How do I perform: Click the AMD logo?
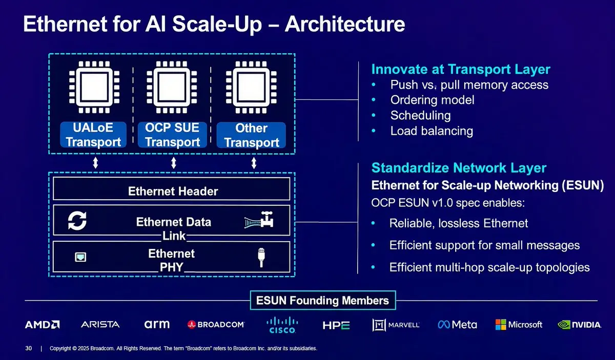(42, 325)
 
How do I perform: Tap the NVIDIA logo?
(579, 325)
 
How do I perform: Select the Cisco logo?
(282, 325)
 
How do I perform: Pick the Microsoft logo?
(519, 325)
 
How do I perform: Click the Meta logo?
(457, 325)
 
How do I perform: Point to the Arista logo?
(100, 325)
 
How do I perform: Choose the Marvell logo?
(396, 325)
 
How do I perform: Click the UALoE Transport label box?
(93, 135)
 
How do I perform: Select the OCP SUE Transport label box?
(172, 135)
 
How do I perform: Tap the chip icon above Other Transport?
(251, 87)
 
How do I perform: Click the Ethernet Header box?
(171, 189)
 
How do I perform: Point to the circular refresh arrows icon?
(77, 220)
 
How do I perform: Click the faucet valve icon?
(259, 220)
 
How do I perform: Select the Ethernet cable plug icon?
(261, 258)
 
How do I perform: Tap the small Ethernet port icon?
(80, 257)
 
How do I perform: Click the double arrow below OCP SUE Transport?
(174, 163)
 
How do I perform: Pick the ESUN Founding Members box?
(323, 301)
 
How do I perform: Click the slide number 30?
(29, 348)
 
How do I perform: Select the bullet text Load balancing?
(432, 131)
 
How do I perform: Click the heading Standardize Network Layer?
(459, 167)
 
